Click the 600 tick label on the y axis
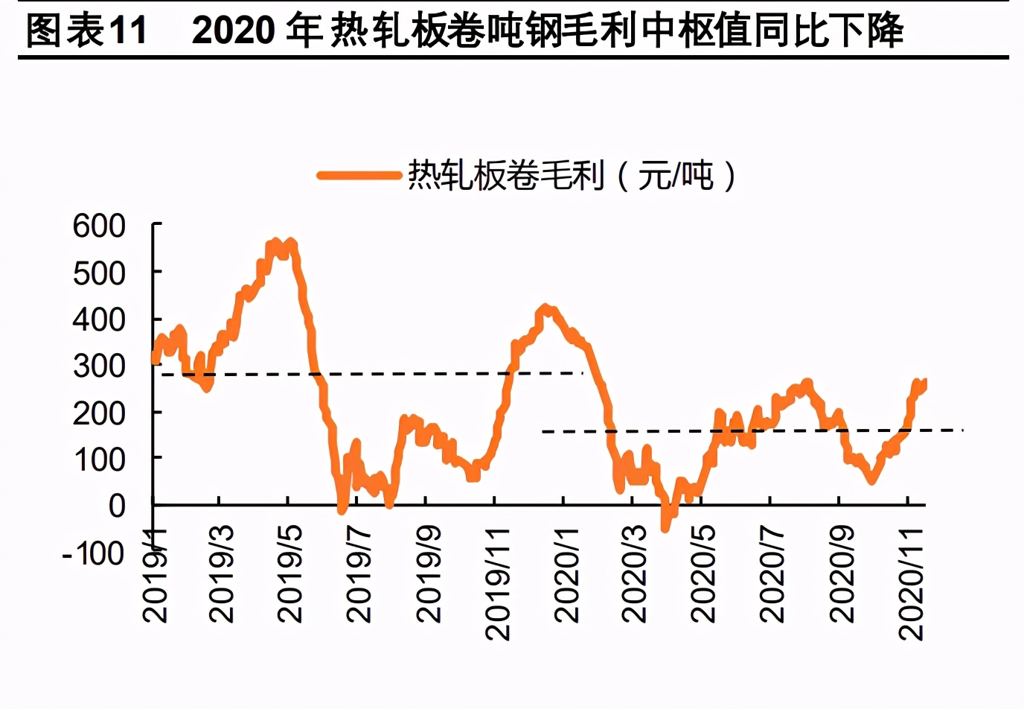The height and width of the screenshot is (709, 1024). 99,226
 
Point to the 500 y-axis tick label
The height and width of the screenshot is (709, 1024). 99,273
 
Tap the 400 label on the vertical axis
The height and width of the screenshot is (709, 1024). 99,319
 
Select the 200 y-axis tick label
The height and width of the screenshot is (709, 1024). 99,413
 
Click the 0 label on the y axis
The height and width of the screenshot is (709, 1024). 117,506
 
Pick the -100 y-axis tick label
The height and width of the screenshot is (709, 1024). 93,553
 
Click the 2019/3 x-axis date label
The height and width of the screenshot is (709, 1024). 222,573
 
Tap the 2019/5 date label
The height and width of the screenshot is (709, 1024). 290,573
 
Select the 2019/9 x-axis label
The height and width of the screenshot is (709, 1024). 429,573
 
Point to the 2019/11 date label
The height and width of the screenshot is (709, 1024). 497,583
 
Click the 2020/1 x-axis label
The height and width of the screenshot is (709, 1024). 567,573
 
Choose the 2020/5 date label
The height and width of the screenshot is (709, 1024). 703,573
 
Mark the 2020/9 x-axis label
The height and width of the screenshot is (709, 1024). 842,573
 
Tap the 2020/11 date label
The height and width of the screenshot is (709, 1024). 911,583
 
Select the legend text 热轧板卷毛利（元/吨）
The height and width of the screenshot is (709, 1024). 572,176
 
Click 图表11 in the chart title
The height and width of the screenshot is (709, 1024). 86,31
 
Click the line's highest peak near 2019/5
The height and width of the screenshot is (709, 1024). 275,243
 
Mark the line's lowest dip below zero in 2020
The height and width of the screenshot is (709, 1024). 665,527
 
